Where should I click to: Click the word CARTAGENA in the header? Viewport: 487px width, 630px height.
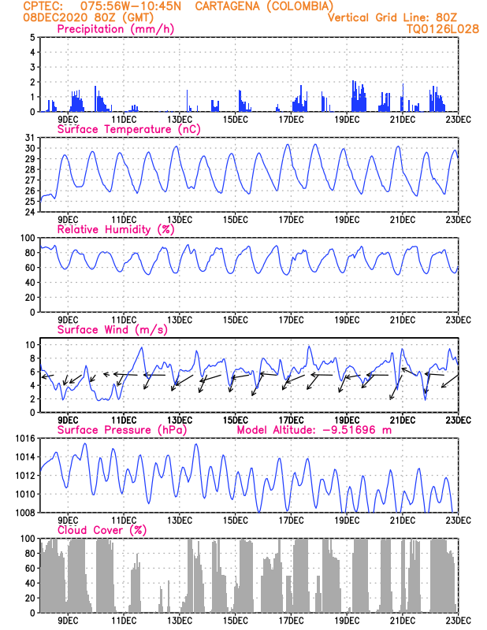(223, 6)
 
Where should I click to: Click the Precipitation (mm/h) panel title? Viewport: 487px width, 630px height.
(116, 29)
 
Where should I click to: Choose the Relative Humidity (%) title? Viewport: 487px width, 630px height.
(113, 229)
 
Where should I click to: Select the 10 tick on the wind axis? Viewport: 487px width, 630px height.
(29, 345)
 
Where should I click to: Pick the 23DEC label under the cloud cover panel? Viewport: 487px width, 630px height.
(459, 622)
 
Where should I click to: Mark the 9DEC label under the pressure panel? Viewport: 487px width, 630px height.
(68, 521)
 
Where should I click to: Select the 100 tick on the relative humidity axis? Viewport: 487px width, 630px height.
(27, 238)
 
